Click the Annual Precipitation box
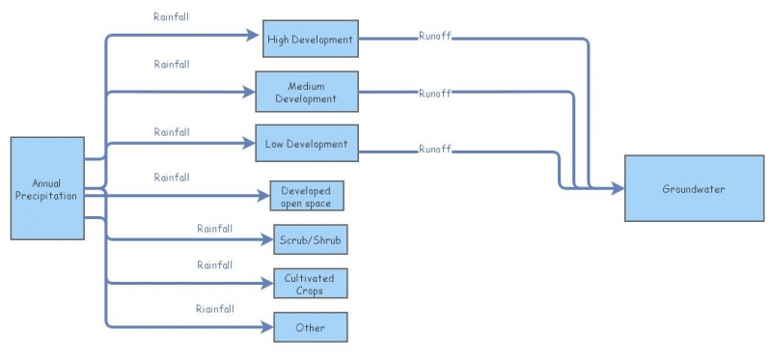47,188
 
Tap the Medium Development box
306,92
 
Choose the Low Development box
306,144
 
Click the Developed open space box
306,195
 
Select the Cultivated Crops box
309,284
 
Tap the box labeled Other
310,327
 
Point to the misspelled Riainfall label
215,309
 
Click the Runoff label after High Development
435,38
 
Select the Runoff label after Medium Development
435,94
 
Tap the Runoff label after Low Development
435,150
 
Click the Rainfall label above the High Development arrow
172,17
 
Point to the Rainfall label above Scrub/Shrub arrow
215,229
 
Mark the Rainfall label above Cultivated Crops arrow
215,264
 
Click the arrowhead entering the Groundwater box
618,188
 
